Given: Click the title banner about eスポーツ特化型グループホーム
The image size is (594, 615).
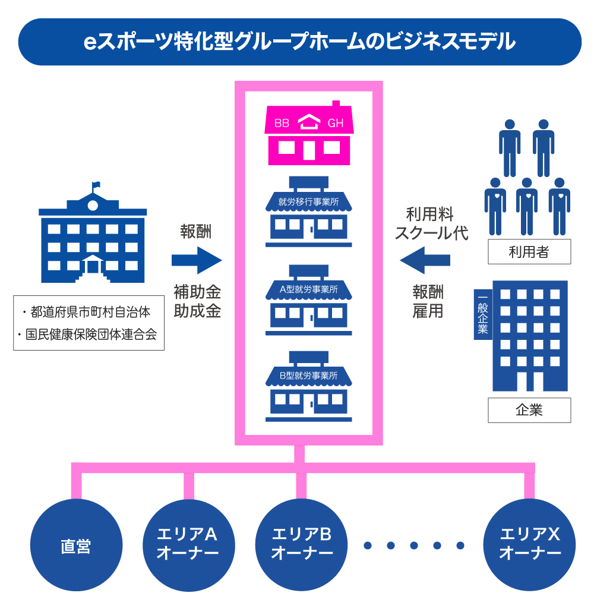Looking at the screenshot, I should point(300,42).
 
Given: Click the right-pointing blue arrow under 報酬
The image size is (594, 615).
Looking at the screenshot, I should point(196,260).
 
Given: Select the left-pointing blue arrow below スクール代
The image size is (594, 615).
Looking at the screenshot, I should point(425,260).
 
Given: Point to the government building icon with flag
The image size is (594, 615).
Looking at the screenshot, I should point(92,238).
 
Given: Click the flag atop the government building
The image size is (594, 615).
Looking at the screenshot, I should point(96,185).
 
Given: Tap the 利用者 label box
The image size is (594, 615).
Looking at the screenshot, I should point(529,252).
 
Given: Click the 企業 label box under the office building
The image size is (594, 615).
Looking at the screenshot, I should point(529,410).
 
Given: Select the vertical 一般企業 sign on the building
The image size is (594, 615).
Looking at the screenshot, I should point(482,314).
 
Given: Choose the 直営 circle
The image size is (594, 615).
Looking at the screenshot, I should point(76,545).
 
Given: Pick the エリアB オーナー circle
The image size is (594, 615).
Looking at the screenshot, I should point(302,545).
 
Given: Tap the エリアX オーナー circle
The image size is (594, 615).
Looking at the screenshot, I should point(530,545).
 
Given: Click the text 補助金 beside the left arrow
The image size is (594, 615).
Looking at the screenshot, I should point(197,292).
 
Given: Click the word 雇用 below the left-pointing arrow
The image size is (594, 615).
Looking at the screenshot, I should point(428,311).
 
